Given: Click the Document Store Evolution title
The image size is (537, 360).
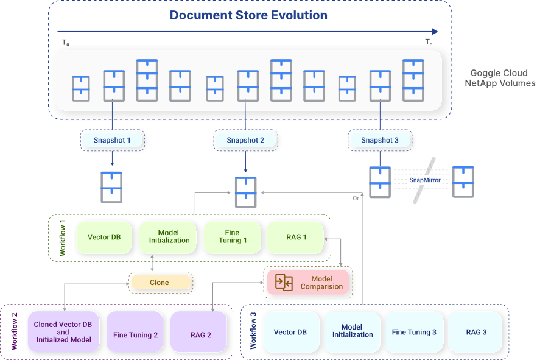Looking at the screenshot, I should coord(248,15).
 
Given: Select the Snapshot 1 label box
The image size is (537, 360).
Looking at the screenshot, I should coord(113,140).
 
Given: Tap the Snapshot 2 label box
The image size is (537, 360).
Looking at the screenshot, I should coord(245,140).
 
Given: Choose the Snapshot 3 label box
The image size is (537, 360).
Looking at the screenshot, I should coord(380,140).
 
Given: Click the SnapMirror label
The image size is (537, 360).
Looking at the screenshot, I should coord(424,180).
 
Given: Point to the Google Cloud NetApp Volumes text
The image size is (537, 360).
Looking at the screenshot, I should coord(500,78).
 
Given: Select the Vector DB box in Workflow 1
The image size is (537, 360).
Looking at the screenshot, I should coord(103,236).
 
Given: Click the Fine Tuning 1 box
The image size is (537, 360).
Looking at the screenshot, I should coord(232,236).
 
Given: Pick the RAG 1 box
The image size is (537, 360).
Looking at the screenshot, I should coord(296,236).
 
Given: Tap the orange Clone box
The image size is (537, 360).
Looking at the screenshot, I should coord(160,282).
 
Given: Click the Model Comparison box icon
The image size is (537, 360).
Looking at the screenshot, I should coord(284,282).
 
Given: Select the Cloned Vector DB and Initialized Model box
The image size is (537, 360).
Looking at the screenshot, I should coord(63,333).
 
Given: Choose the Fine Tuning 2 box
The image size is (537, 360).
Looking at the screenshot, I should coord(135,335).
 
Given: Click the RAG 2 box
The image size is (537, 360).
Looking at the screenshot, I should coord(200,335).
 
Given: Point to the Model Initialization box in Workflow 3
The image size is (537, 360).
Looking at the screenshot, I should coord(352,331).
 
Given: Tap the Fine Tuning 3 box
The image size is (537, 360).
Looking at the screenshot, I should coord(414,332).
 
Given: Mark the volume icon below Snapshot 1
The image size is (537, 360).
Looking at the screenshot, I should coord(111,187).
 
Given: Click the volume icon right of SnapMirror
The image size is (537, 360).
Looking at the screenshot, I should coord(464,182).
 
